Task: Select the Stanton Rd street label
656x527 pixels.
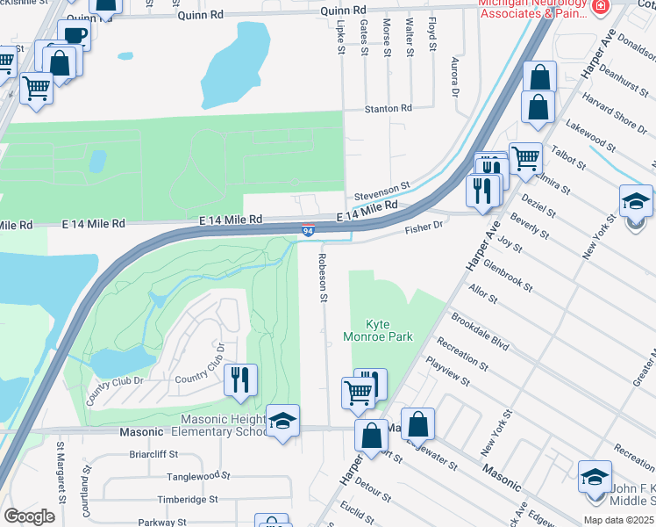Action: coord(389,108)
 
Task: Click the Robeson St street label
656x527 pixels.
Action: coord(322,277)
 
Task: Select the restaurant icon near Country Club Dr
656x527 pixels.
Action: coord(239,380)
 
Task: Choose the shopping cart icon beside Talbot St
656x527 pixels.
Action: coord(524,159)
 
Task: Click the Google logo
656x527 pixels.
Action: coord(29,516)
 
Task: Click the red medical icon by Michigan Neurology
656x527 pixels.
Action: coord(600,7)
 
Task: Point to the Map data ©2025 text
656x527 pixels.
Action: coord(618,519)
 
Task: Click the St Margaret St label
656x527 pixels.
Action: coord(61,483)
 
